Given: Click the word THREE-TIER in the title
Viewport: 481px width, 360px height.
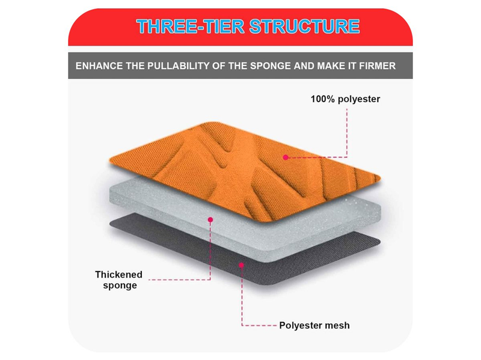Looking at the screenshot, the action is click(191, 26).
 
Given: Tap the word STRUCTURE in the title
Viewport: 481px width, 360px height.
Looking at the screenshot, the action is click(304, 26).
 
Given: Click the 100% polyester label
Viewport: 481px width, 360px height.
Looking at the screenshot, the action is click(345, 99).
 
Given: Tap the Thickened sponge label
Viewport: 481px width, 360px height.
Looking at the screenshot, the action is click(118, 279).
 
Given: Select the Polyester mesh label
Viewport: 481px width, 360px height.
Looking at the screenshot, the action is click(314, 325).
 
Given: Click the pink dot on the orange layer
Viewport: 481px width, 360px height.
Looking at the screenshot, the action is click(286, 157).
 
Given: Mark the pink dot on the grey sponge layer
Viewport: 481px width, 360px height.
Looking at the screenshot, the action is click(210, 219).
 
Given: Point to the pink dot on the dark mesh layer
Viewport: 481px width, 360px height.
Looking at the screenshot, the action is click(242, 265).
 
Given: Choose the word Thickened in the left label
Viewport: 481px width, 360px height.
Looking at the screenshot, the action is click(118, 275).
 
